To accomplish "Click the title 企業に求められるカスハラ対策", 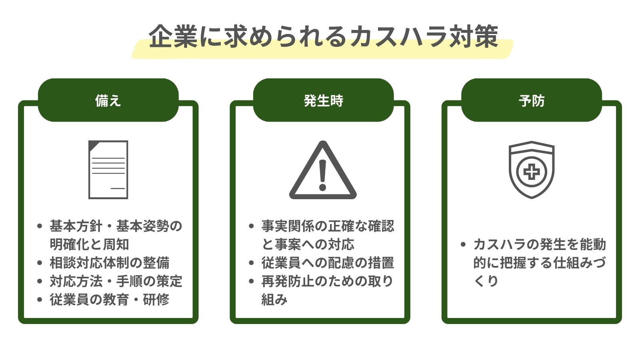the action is (323, 37).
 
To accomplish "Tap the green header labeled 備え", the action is (108, 100).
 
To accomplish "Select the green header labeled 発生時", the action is (323, 100).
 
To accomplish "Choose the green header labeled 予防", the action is (532, 100).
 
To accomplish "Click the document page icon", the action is (108, 170).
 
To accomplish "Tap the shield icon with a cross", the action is (532, 169).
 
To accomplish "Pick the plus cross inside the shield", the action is (532, 172).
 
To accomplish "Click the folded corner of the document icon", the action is (93, 145).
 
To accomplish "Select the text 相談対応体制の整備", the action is (110, 263).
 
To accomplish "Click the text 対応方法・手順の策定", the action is (116, 281).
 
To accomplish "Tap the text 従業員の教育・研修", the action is (110, 299).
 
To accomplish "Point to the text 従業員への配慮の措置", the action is (328, 263).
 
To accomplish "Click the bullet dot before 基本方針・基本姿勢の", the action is (39, 226).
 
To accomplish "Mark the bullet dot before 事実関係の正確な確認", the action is (251, 226).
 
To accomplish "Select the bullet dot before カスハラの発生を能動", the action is (463, 244).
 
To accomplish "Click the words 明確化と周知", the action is (89, 244).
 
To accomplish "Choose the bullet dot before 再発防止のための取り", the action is (251, 281).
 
